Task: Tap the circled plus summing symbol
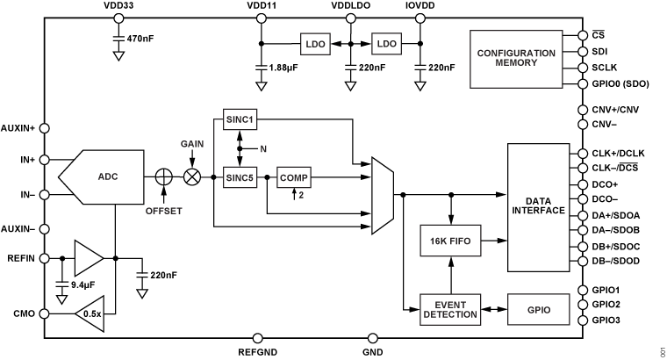[163, 176]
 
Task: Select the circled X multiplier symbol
[192, 176]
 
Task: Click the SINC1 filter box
[240, 119]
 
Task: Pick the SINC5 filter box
[240, 177]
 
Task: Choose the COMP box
[294, 177]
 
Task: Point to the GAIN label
[193, 143]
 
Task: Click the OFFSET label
[164, 211]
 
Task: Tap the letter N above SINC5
[263, 149]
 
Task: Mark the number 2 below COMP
[301, 195]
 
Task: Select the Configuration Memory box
[516, 59]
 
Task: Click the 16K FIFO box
[450, 240]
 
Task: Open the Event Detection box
[450, 310]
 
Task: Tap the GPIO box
[539, 310]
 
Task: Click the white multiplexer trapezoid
[382, 196]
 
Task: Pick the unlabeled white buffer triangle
[86, 258]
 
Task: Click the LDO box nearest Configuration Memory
[386, 44]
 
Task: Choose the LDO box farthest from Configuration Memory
[315, 44]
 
